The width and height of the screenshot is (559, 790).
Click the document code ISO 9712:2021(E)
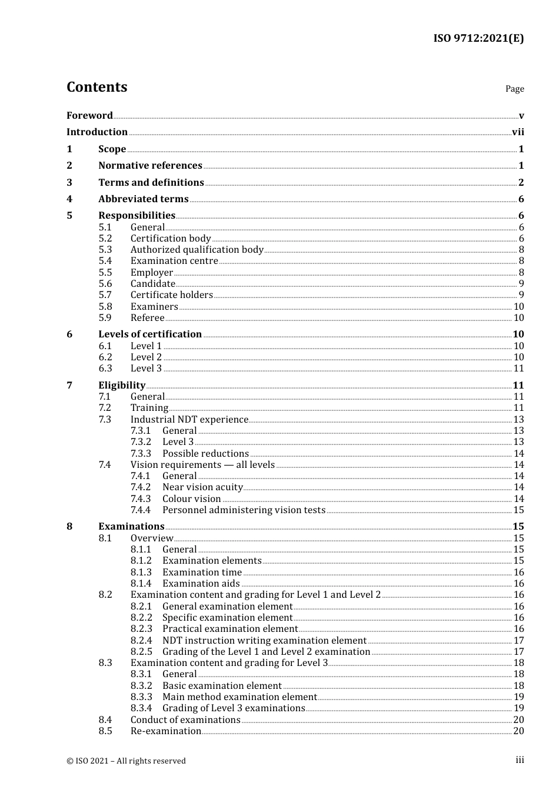[478, 38]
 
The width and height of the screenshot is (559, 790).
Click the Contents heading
[97, 87]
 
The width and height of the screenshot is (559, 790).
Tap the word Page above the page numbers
[514, 89]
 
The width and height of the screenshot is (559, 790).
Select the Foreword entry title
[89, 116]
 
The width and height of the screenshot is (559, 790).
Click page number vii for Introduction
[518, 132]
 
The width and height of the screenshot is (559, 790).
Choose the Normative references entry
[150, 166]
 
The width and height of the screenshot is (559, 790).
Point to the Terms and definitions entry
[151, 183]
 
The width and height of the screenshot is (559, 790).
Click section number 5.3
[105, 250]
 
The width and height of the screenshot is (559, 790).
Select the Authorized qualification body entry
[197, 250]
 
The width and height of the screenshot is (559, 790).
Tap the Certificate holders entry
[171, 295]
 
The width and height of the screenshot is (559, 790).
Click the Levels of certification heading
[150, 334]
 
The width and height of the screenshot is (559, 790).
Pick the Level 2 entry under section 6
[146, 357]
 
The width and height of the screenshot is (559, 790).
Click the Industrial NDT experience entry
[189, 420]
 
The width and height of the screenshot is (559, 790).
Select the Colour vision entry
[191, 499]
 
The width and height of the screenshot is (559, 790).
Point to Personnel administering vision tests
[244, 510]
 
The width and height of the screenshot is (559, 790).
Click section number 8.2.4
[141, 641]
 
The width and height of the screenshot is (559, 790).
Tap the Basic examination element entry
[222, 686]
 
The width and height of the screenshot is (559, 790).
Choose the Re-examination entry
[165, 731]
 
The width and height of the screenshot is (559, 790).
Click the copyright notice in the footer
[126, 761]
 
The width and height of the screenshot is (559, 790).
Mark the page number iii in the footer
[520, 760]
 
